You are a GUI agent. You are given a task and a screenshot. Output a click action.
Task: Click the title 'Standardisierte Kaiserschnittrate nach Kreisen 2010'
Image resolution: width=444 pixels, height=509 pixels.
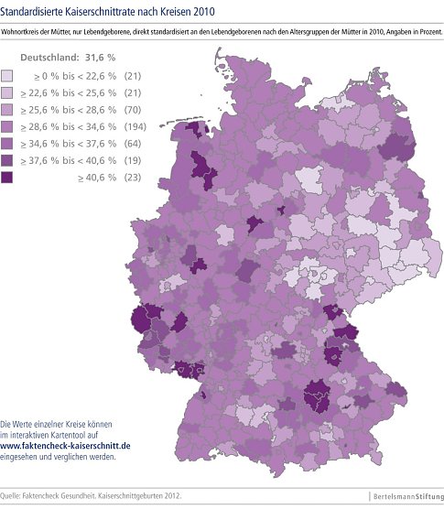point(111,11)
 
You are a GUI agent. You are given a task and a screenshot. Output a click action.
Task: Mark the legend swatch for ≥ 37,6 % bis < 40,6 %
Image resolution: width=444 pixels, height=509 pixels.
point(10,161)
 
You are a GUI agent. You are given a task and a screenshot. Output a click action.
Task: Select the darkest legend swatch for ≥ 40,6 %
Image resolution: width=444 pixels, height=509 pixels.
point(10,178)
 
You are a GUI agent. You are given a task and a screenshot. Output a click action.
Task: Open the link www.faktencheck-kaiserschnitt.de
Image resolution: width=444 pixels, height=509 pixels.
point(65,444)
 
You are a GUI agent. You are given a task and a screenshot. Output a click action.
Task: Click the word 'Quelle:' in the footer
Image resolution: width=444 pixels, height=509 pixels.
point(14,495)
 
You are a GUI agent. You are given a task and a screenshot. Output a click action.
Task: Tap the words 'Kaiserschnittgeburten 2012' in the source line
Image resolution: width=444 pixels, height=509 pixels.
point(141,495)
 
